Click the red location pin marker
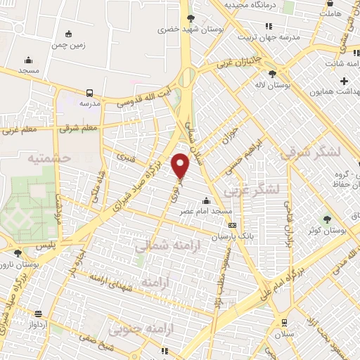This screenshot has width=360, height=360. click(x=181, y=166)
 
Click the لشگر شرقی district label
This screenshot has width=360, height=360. click(x=304, y=153)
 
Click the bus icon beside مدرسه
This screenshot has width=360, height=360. click(x=89, y=93)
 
